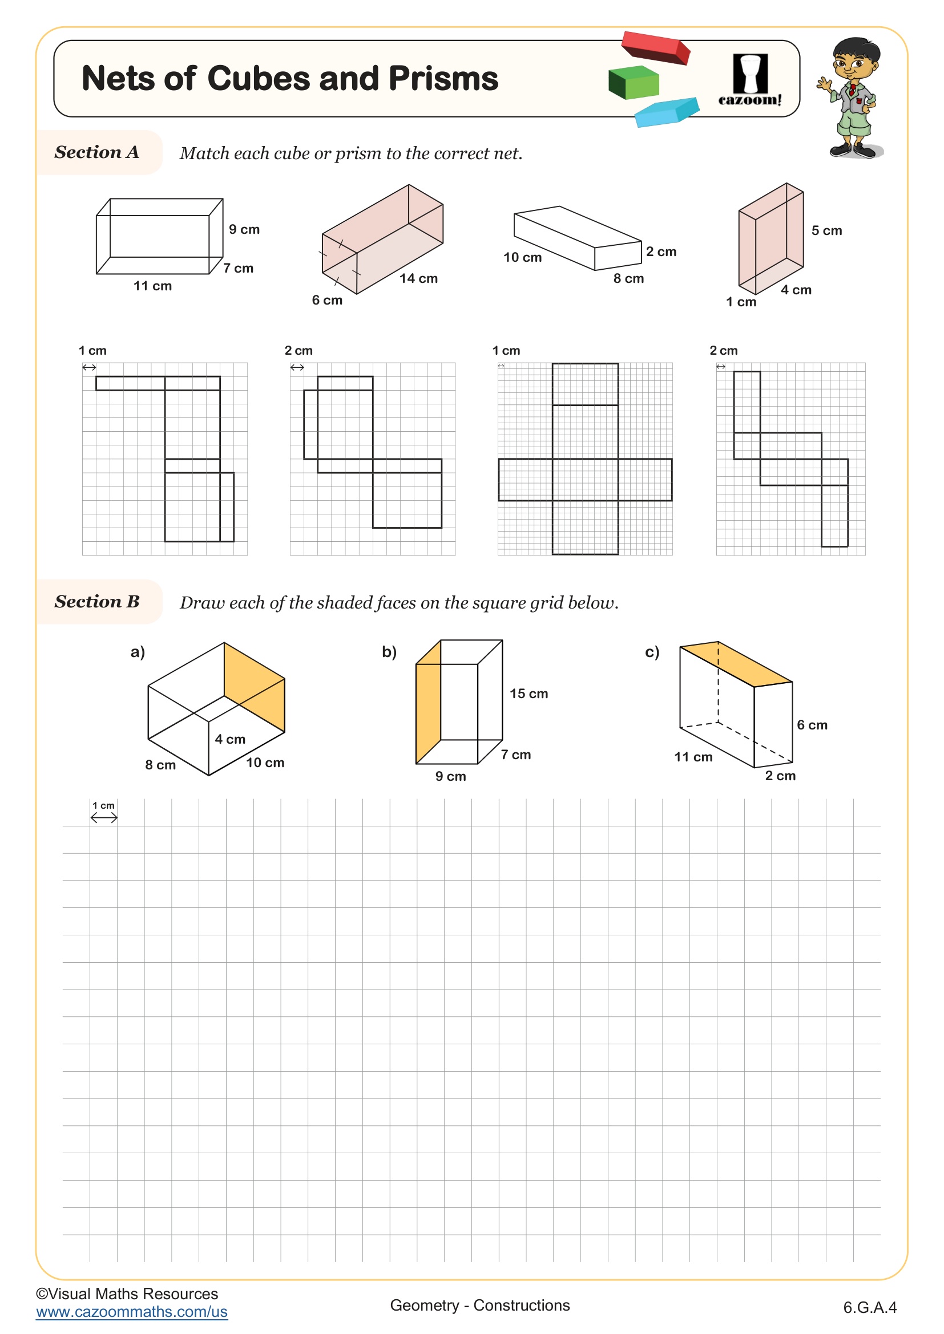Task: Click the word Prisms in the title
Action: (443, 79)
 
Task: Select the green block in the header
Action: (634, 83)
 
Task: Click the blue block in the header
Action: (666, 112)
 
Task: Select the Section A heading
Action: (96, 152)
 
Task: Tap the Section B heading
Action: (96, 602)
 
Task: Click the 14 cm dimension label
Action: (418, 278)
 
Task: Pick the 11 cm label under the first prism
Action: (152, 286)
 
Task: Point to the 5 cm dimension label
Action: (826, 230)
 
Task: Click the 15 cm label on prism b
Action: (529, 694)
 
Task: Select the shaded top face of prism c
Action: (736, 663)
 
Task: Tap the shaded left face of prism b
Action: (428, 709)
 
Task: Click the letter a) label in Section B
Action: (138, 652)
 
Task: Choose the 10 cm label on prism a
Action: (265, 763)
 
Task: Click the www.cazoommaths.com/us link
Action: (131, 1312)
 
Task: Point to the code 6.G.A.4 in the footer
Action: (870, 1307)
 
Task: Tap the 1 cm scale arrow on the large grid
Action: (104, 818)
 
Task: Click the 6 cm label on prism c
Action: (812, 725)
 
